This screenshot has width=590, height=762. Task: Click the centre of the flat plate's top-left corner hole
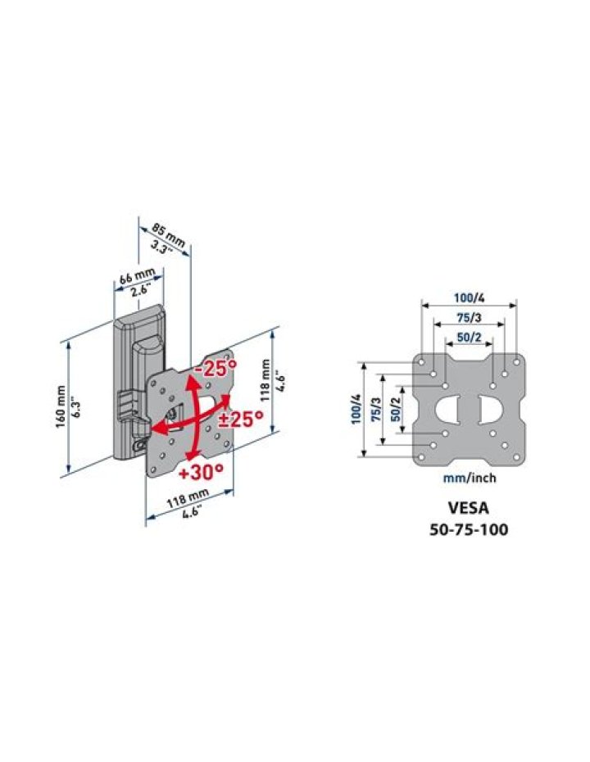(421, 362)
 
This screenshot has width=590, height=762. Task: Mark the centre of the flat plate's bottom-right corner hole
(516, 457)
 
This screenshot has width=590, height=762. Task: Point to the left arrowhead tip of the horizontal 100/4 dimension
(422, 306)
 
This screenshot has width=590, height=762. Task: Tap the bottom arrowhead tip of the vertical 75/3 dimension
(383, 445)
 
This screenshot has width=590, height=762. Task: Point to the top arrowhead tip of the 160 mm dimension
(69, 340)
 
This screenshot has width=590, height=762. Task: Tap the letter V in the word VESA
(452, 508)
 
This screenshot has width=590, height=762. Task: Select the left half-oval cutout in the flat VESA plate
(448, 410)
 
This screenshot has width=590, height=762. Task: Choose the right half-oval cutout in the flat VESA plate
(490, 410)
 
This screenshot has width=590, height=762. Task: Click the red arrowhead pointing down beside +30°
(192, 456)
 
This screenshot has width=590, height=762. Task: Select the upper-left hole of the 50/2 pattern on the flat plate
(445, 385)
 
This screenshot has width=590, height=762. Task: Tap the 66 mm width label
(137, 276)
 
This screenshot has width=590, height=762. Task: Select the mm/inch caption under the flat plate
(470, 479)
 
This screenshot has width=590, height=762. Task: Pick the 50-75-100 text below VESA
(469, 529)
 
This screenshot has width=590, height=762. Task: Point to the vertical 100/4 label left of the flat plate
(357, 409)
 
